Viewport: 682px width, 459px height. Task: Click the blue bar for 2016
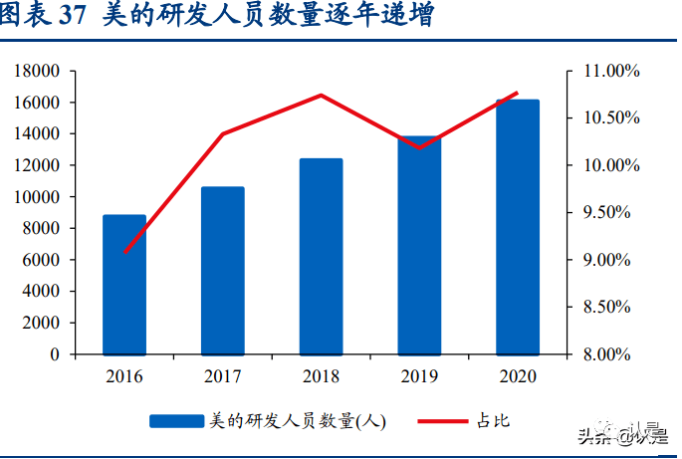tap(124, 285)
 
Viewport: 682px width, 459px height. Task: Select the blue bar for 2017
tap(222, 271)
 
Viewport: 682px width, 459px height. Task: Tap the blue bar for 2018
tap(321, 257)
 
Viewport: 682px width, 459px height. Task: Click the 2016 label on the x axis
tap(124, 376)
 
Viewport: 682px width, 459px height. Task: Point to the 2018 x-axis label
tap(321, 376)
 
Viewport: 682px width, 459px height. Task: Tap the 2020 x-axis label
tap(518, 376)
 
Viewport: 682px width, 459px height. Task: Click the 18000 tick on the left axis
tap(37, 71)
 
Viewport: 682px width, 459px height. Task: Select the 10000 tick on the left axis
tap(37, 197)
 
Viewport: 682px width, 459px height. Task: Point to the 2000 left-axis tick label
tap(41, 323)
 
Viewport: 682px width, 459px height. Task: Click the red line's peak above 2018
tap(321, 96)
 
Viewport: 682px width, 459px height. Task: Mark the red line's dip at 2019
tap(419, 147)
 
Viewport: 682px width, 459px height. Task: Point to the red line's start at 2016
tap(124, 252)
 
